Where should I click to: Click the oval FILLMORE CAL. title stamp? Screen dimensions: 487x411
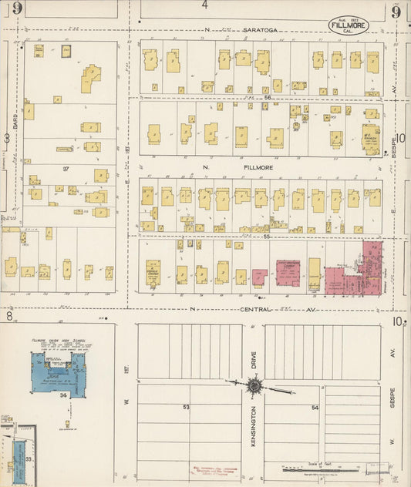(349, 25)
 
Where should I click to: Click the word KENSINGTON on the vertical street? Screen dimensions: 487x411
(252, 435)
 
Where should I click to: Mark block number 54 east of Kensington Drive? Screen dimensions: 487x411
(315, 407)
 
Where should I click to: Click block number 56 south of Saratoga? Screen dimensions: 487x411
(268, 98)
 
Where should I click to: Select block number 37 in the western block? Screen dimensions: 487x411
(66, 169)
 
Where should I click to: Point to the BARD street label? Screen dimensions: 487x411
(15, 121)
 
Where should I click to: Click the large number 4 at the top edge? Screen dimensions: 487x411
(205, 5)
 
